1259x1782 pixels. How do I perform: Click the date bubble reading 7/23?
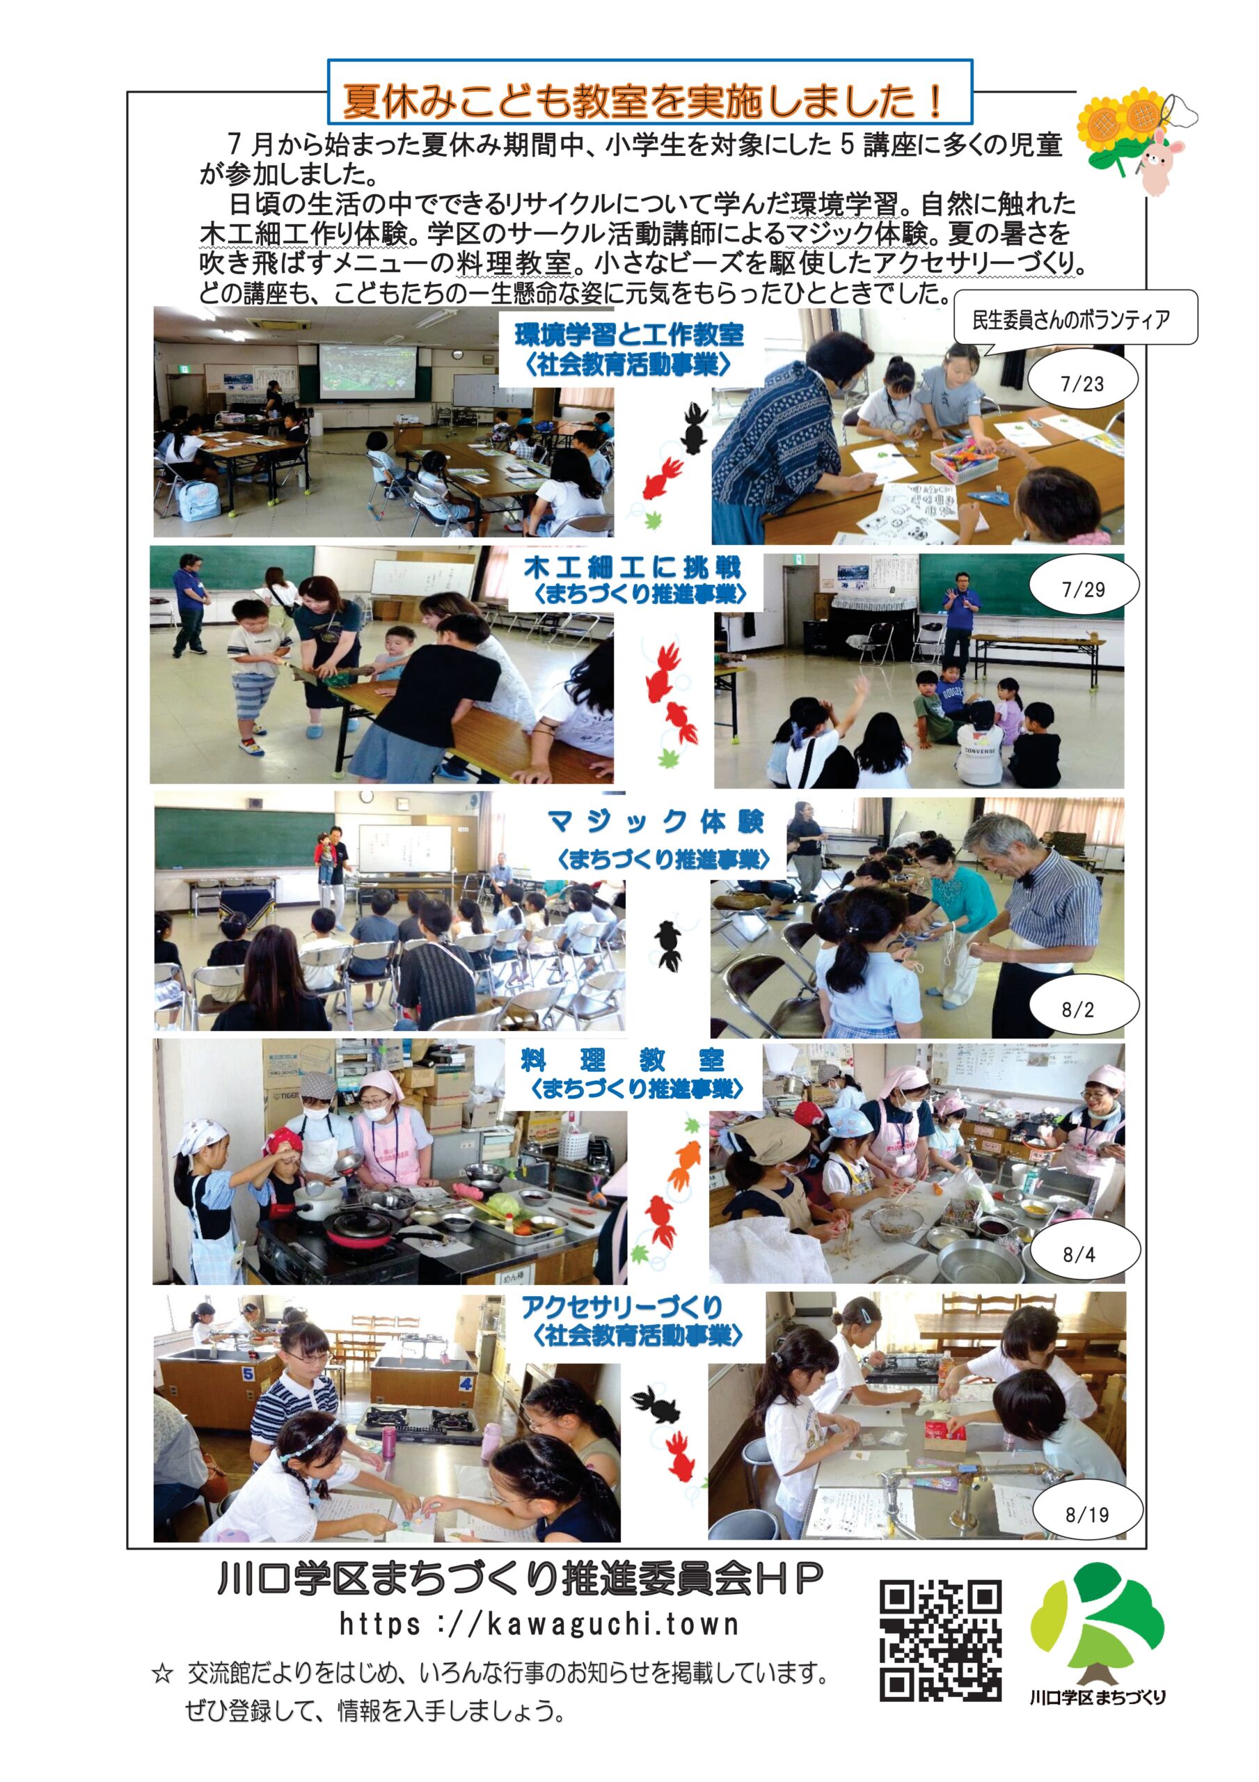coord(1082,384)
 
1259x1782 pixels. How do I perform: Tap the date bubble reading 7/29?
coord(1083,589)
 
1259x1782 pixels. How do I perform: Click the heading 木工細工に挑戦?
coord(632,567)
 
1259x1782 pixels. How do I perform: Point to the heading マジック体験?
coord(655,821)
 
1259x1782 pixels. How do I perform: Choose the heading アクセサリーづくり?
coord(621,1307)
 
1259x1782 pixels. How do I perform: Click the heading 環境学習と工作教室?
coord(629,336)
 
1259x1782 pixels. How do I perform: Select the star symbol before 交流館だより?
coord(161,1673)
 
